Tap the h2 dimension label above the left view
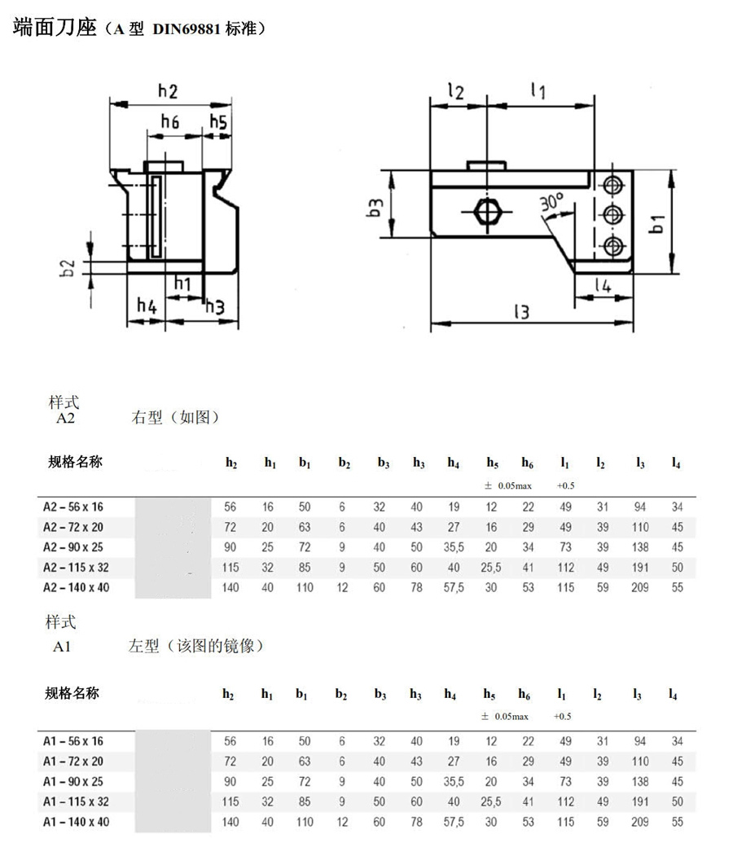[168, 91]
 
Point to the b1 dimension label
[657, 223]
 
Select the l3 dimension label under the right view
[522, 310]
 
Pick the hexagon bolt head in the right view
[487, 211]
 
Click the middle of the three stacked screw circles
[612, 213]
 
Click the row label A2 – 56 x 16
[74, 507]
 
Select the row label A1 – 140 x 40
[76, 821]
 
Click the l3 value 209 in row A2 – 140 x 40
[640, 587]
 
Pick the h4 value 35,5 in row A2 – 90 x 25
[454, 547]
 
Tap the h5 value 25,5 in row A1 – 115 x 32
[490, 801]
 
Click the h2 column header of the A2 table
[231, 463]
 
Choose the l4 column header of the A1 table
[673, 695]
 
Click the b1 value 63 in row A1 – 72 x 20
[305, 762]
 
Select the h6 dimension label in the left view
[169, 122]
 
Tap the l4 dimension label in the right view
[603, 285]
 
